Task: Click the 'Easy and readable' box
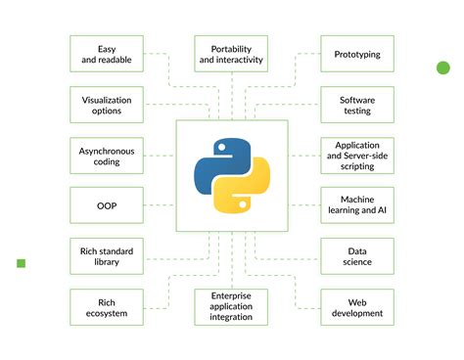(107, 55)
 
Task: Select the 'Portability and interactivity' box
(231, 55)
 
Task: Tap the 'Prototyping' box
(357, 55)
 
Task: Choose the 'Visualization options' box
(107, 105)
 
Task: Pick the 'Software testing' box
(357, 105)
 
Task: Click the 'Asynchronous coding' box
(107, 156)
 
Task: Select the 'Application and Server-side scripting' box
(357, 156)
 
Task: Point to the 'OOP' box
(107, 205)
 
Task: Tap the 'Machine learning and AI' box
(357, 205)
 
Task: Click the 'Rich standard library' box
(107, 256)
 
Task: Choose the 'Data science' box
(357, 256)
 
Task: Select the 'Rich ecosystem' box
(107, 307)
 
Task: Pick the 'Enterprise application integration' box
(231, 307)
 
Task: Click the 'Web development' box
(357, 307)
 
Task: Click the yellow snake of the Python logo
(244, 193)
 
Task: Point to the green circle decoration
(442, 67)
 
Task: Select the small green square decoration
(21, 263)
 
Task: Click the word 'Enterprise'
(231, 295)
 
